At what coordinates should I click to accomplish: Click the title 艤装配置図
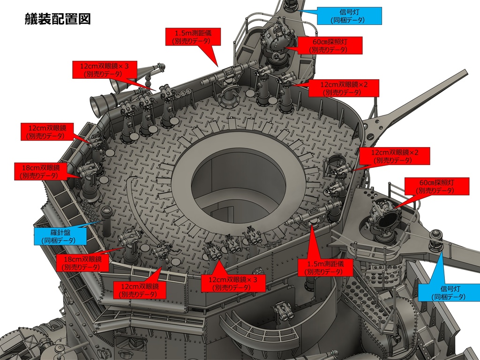pyautogui.click(x=58, y=19)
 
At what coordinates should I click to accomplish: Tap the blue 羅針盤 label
pyautogui.click(x=60, y=236)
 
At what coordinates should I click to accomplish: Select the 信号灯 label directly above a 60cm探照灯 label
pyautogui.click(x=349, y=16)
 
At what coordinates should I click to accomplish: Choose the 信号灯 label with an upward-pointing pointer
pyautogui.click(x=449, y=292)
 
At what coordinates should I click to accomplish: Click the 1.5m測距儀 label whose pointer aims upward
pyautogui.click(x=325, y=267)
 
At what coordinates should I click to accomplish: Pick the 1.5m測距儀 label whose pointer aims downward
pyautogui.click(x=193, y=37)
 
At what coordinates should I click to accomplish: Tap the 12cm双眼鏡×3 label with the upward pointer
pyautogui.click(x=233, y=283)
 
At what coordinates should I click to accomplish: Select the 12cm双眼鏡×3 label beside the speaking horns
pyautogui.click(x=105, y=69)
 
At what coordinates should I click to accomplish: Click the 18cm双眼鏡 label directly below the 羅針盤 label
pyautogui.click(x=82, y=262)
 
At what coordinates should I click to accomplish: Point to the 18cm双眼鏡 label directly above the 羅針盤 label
pyautogui.click(x=41, y=172)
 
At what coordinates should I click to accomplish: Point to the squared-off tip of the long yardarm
pyautogui.click(x=465, y=73)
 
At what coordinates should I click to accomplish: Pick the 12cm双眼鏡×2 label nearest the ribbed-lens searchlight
pyautogui.click(x=395, y=156)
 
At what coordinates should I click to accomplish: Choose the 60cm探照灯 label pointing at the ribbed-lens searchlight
pyautogui.click(x=437, y=186)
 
